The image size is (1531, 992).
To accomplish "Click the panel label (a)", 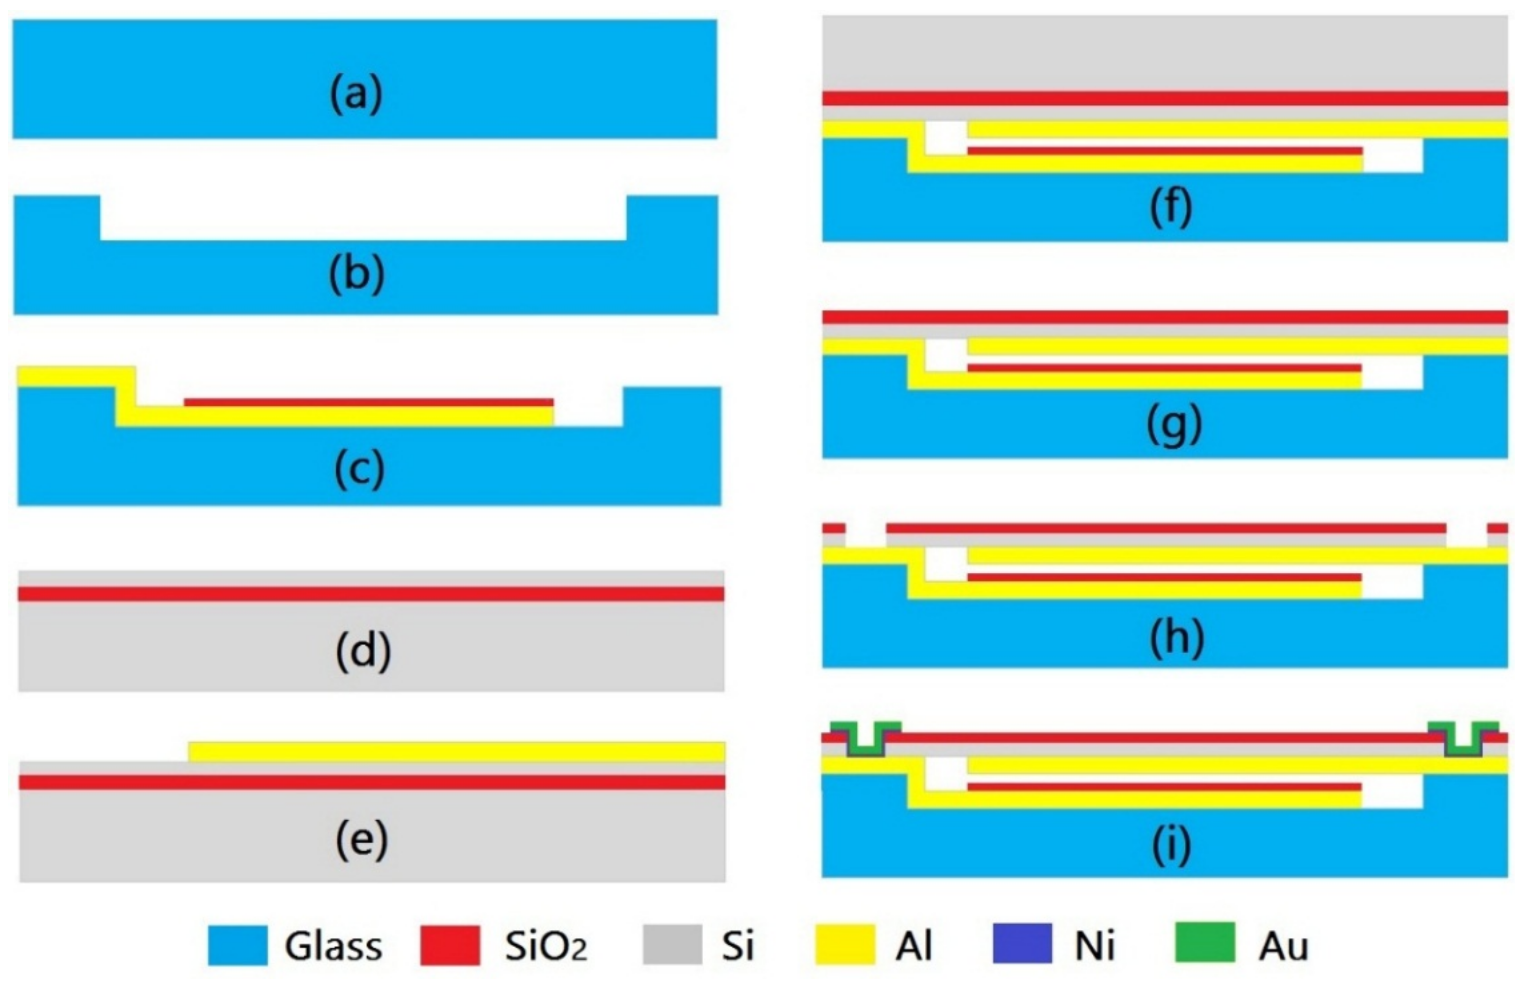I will [x=356, y=95].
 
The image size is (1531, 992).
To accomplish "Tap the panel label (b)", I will [x=356, y=274].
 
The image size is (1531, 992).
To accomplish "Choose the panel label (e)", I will [x=362, y=839].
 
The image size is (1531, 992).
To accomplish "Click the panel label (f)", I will [x=1170, y=207].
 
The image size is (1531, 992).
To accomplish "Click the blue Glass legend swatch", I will [x=237, y=945].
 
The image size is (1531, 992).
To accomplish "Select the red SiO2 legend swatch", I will [x=450, y=945].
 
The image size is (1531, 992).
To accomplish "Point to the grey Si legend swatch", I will [x=672, y=945].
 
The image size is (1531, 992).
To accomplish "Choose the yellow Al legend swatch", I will [x=845, y=945].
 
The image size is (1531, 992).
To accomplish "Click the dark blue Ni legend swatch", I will [x=1022, y=943].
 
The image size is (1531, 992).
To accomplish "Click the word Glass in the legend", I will [x=333, y=946].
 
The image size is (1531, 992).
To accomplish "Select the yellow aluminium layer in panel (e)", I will [x=457, y=751].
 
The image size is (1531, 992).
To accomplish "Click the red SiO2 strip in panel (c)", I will [x=369, y=402].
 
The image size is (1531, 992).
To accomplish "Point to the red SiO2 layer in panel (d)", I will [x=370, y=594].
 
